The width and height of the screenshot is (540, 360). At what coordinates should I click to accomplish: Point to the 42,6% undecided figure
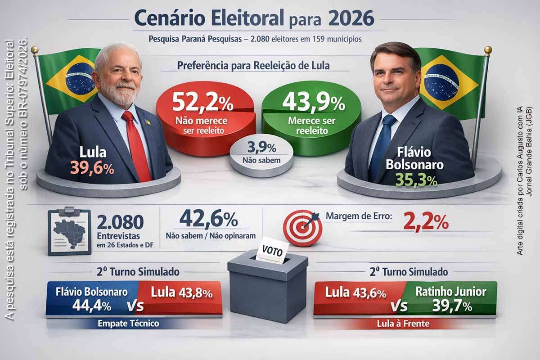208,219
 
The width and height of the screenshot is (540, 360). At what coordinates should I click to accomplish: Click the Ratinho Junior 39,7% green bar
450,298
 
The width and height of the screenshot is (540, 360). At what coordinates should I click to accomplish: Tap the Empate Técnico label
128,323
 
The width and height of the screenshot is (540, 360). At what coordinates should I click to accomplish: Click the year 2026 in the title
351,19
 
